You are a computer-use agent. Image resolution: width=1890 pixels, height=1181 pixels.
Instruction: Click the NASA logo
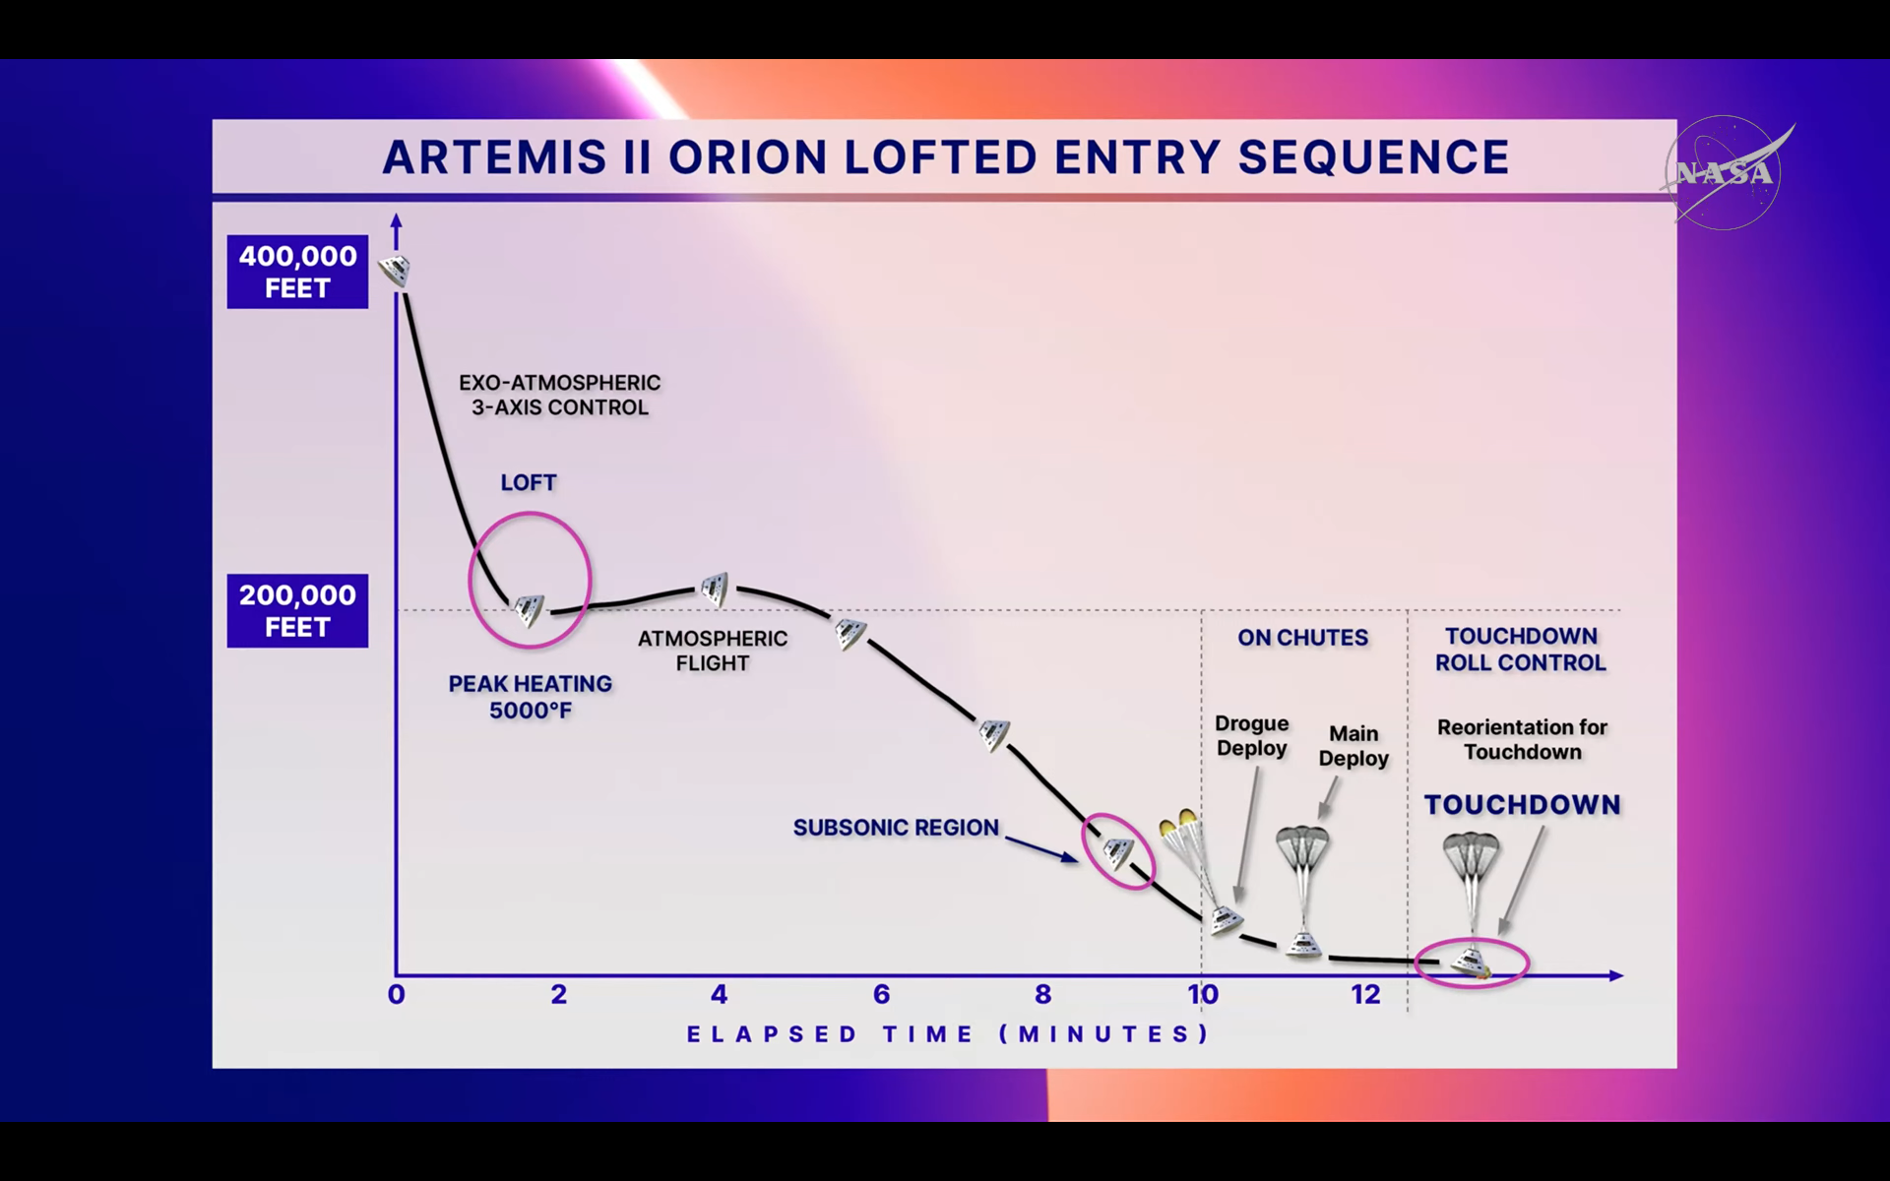point(1726,173)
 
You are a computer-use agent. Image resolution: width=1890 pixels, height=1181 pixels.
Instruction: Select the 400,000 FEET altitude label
point(297,272)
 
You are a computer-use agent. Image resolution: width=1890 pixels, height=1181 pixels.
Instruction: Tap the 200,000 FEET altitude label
point(297,610)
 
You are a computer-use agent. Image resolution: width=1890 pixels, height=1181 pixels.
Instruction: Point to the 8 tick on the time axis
point(1042,994)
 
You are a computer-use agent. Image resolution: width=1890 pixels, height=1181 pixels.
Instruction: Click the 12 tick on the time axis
point(1365,994)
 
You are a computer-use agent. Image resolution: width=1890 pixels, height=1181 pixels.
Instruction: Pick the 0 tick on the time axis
point(397,994)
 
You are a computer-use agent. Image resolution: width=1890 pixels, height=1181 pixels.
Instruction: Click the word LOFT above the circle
point(529,482)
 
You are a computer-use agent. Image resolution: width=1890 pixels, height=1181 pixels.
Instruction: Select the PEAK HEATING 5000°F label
point(531,697)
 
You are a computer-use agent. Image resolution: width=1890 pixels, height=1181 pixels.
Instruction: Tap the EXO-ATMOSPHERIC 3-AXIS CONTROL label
point(560,395)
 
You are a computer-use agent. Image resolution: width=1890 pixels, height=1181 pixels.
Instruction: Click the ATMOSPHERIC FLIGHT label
point(713,651)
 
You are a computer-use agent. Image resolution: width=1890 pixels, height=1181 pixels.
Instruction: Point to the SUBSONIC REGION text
point(896,828)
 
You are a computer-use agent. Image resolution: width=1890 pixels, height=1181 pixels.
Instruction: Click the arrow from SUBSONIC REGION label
point(1041,849)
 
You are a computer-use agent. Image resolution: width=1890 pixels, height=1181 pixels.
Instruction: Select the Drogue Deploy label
point(1252,735)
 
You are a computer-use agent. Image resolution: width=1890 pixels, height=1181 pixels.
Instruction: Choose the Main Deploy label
point(1354,745)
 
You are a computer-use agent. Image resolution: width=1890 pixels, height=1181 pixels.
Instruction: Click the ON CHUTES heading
point(1303,638)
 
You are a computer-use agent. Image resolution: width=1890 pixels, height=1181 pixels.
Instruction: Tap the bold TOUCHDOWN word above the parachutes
point(1523,805)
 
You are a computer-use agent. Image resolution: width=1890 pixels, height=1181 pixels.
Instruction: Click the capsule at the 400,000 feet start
point(396,269)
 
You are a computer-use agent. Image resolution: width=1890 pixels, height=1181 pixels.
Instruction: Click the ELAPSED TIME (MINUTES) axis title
point(948,1034)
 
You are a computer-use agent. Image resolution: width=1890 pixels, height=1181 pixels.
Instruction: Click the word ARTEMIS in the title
point(494,157)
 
